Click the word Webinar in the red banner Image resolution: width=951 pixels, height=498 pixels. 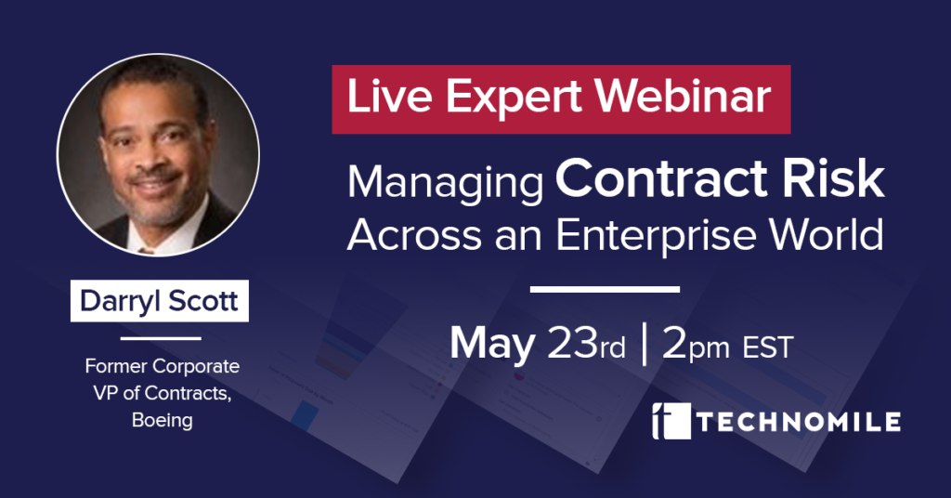683,97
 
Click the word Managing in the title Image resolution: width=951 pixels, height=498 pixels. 445,184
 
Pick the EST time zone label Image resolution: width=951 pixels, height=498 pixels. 768,347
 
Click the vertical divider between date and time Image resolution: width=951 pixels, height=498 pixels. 645,345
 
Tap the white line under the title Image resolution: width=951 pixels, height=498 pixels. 605,289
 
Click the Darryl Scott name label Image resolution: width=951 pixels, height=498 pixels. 160,301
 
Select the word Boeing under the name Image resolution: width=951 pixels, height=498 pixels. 163,420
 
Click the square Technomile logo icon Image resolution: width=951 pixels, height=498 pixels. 671,420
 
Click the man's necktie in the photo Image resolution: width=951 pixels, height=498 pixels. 146,249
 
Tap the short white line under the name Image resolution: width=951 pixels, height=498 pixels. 161,338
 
